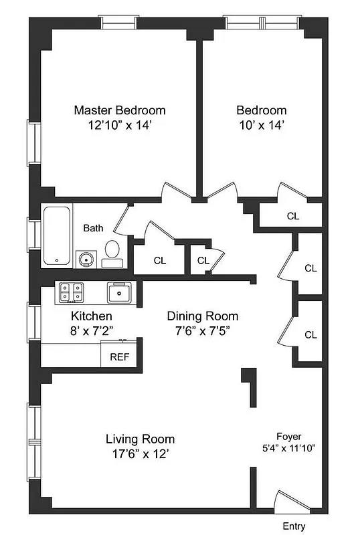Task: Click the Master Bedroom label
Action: pos(119,110)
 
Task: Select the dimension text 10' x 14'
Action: pos(261,125)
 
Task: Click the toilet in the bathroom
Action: pos(112,253)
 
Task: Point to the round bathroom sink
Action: pos(86,258)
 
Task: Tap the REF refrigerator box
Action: pos(119,356)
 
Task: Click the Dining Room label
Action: pos(202,316)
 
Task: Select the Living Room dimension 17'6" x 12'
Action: pos(140,454)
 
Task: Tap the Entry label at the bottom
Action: pos(295,526)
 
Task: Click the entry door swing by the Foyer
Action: pos(289,502)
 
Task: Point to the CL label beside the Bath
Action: pos(159,261)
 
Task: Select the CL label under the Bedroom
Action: pos(292,216)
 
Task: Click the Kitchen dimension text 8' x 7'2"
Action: pos(92,330)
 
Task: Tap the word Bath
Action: pos(93,228)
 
